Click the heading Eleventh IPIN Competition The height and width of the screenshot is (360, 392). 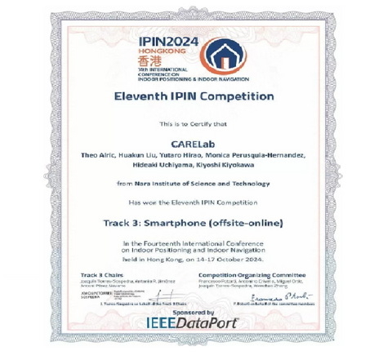pos(195,98)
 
